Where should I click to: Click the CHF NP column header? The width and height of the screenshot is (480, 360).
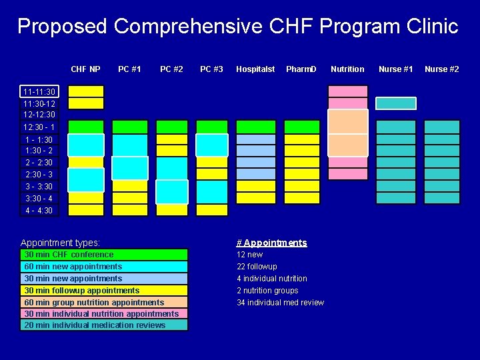click(x=85, y=69)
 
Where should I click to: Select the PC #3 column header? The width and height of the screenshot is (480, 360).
click(x=211, y=69)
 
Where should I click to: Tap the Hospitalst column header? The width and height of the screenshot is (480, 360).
click(x=255, y=69)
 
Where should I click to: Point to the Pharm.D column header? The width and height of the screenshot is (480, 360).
click(x=301, y=69)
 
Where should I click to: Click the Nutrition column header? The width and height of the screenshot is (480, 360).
click(x=347, y=69)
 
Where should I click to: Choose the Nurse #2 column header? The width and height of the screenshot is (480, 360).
click(x=441, y=69)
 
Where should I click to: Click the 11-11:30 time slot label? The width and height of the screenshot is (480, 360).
click(x=39, y=91)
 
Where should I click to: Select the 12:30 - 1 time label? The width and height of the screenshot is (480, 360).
click(x=39, y=127)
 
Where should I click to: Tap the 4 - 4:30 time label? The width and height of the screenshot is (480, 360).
click(x=39, y=211)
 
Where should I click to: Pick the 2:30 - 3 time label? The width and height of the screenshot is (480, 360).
click(x=39, y=175)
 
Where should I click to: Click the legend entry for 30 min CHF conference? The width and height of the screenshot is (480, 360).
click(x=105, y=255)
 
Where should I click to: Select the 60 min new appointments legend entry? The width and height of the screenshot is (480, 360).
click(x=105, y=267)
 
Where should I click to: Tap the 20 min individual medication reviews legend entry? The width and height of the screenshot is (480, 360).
click(x=105, y=325)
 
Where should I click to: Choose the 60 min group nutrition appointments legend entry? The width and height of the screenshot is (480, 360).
click(x=105, y=302)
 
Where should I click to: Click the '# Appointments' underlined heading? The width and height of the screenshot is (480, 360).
click(x=272, y=243)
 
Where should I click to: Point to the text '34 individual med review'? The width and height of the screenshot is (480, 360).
click(x=280, y=303)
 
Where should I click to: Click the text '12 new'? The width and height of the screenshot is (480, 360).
click(x=250, y=255)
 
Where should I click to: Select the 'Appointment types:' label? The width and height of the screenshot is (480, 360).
click(x=60, y=243)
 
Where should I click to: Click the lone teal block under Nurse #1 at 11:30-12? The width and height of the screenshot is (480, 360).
click(x=395, y=103)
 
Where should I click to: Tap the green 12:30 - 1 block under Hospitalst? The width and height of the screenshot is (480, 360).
click(x=255, y=127)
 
